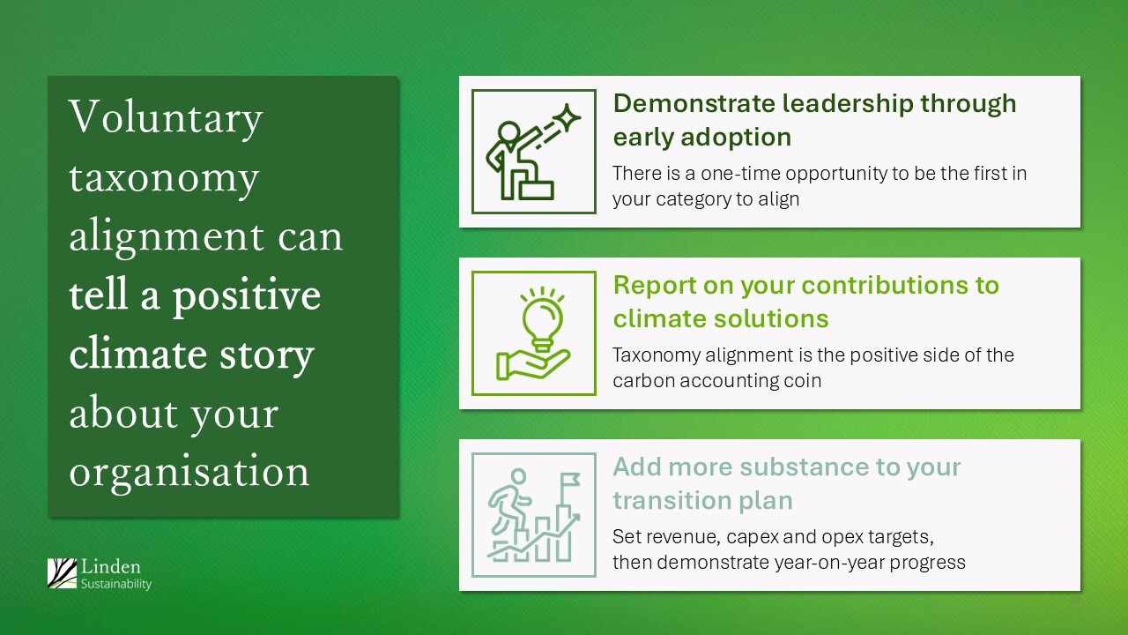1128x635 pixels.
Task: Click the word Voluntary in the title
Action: pyautogui.click(x=166, y=119)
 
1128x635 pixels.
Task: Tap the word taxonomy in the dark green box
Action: pyautogui.click(x=164, y=179)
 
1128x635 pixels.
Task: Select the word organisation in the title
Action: pyautogui.click(x=189, y=472)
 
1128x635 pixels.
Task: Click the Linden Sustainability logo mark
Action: pyautogui.click(x=62, y=573)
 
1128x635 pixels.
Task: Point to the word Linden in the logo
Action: pyautogui.click(x=111, y=567)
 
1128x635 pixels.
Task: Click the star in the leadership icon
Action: pyautogui.click(x=567, y=117)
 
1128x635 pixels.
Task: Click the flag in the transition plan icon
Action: pyautogui.click(x=570, y=480)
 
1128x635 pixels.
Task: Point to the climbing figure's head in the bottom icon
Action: pyautogui.click(x=518, y=475)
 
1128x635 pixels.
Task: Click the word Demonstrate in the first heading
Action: pyautogui.click(x=694, y=103)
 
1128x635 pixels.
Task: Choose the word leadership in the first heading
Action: pyautogui.click(x=848, y=105)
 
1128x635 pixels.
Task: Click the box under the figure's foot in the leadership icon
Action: pyautogui.click(x=537, y=190)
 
